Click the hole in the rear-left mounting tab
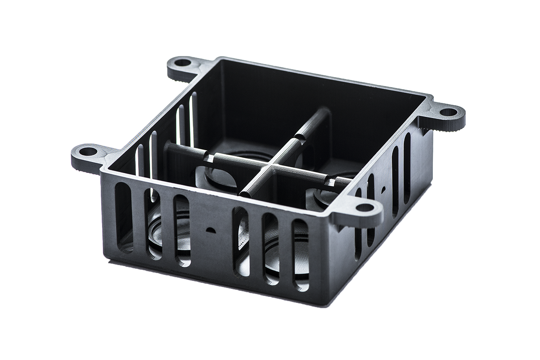(x=183, y=63)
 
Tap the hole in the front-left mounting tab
(x=88, y=151)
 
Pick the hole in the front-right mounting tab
(x=365, y=207)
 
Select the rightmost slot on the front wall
(x=300, y=255)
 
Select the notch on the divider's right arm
(x=330, y=182)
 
